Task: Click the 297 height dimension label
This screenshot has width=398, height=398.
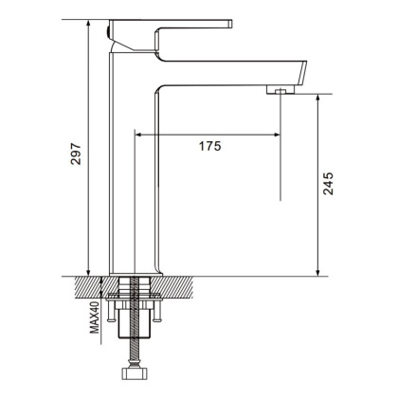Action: (x=77, y=154)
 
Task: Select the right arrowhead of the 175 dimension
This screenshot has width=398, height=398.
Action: (x=277, y=134)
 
